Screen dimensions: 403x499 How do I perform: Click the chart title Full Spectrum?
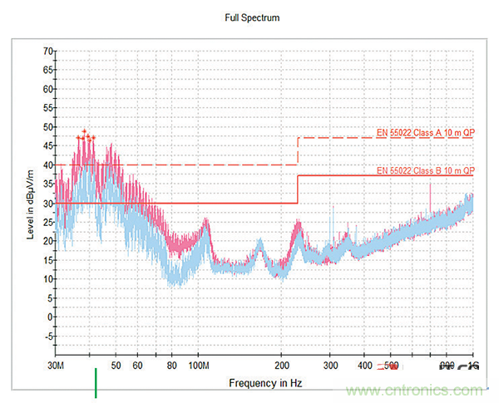point(250,17)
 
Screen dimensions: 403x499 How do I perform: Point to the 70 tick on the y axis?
point(48,52)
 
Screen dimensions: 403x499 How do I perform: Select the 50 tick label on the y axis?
point(48,127)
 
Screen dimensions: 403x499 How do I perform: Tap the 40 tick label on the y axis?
point(48,165)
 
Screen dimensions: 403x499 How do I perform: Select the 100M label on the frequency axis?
point(200,366)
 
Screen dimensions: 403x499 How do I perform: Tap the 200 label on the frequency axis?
point(282,366)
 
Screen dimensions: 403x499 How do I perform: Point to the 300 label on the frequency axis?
point(330,366)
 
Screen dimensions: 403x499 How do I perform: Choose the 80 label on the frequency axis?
point(172,366)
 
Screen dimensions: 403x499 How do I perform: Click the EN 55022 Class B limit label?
point(425,170)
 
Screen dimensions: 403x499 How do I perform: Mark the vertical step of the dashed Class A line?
point(298,151)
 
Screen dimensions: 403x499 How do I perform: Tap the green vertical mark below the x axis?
point(96,384)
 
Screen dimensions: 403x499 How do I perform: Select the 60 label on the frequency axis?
point(138,366)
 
